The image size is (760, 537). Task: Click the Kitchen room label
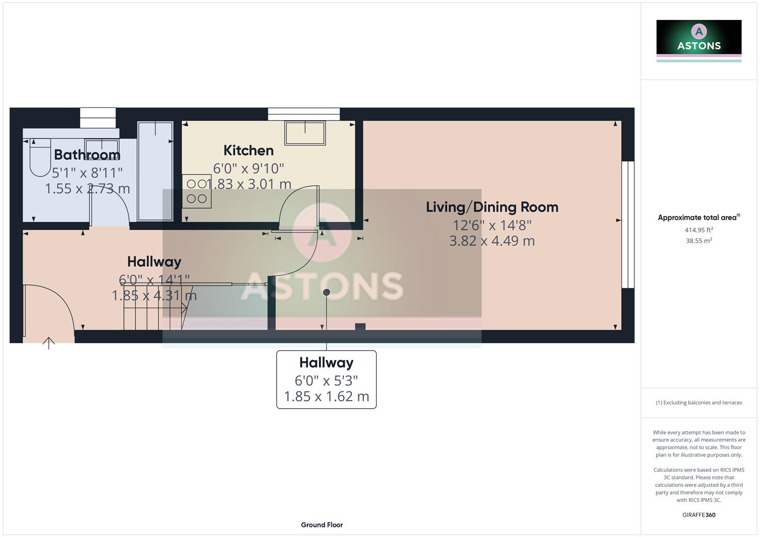tap(248, 150)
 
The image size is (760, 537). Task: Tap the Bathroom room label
tap(87, 155)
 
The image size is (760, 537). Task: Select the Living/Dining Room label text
tap(492, 207)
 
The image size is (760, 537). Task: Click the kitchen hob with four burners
tap(197, 191)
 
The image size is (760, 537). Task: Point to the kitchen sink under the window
tap(305, 133)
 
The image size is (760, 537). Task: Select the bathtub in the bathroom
tap(155, 171)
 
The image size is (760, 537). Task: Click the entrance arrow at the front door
tap(49, 343)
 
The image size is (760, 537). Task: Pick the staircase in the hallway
tap(154, 308)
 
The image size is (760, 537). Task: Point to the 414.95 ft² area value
tap(698, 230)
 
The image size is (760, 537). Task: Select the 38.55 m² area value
tap(698, 241)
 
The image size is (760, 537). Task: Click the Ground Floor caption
tap(322, 525)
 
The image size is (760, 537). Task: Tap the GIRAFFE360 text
tap(698, 515)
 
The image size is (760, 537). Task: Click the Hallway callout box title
tap(326, 362)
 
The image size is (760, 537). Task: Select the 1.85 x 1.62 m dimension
tap(326, 396)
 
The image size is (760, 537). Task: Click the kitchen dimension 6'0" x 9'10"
tap(248, 169)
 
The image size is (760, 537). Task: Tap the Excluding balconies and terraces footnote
tap(698, 403)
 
